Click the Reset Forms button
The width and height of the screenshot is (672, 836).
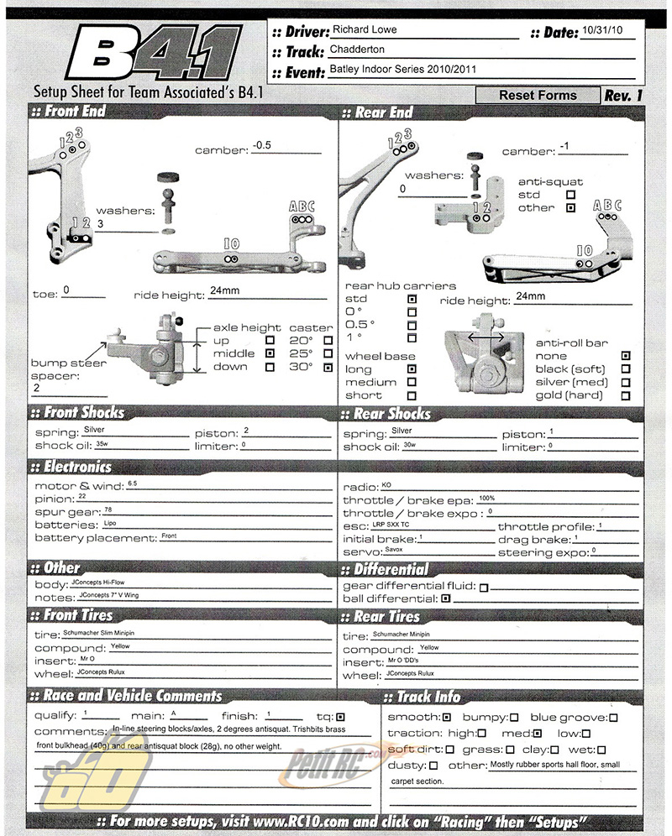click(538, 95)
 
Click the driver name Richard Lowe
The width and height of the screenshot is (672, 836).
click(365, 29)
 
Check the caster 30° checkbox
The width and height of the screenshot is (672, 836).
click(328, 367)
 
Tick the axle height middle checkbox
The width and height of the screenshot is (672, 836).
click(270, 354)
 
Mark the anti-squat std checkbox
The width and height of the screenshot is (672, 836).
click(571, 195)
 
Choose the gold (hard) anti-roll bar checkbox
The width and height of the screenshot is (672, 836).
click(625, 395)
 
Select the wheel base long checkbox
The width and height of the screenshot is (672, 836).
click(412, 368)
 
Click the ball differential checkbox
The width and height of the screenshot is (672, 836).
click(446, 598)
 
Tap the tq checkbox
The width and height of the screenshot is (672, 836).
click(340, 717)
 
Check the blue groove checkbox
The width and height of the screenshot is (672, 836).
click(613, 718)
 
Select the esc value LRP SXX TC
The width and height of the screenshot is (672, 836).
click(391, 525)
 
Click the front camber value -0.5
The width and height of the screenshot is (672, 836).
click(263, 144)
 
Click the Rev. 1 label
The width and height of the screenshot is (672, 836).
click(623, 95)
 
